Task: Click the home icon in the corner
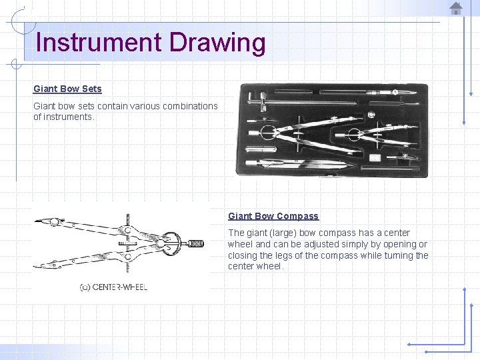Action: (456, 8)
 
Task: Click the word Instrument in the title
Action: (99, 42)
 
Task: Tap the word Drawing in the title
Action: (217, 44)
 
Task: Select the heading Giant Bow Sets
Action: (67, 89)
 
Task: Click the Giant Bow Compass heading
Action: (273, 216)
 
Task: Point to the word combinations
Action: (190, 106)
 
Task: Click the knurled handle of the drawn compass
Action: (195, 244)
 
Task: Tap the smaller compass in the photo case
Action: (377, 135)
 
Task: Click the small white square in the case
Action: (375, 157)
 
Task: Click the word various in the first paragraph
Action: (145, 106)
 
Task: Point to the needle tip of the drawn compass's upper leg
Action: (35, 221)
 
